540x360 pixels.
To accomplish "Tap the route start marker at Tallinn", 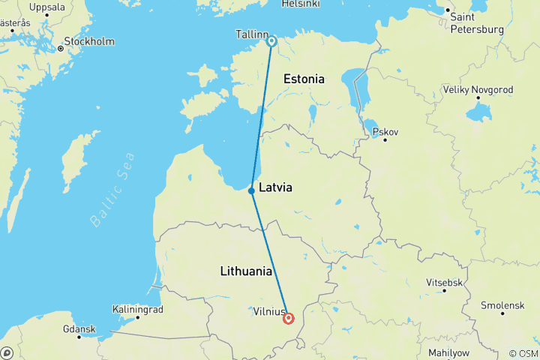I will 271,41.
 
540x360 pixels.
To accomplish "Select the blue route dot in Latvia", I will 251,190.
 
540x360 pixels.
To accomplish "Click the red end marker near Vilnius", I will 289,319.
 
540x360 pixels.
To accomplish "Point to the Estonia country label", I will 304,79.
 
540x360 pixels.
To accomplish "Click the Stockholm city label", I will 89,41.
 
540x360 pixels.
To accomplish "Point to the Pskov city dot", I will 385,139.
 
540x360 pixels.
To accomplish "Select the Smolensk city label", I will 502,305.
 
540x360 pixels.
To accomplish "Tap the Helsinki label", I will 300,4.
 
